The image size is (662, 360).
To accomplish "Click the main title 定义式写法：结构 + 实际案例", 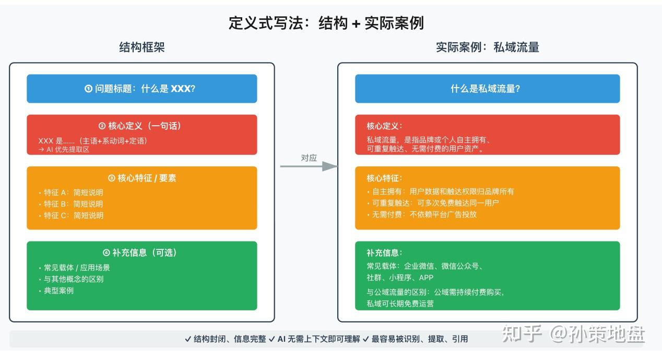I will click(x=326, y=23).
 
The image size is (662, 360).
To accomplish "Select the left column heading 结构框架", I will click(x=142, y=47).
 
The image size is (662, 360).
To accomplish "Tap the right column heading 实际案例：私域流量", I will click(x=487, y=47).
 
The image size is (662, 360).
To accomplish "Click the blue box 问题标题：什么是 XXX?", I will click(x=141, y=89).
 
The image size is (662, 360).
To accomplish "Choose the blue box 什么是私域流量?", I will click(x=487, y=89).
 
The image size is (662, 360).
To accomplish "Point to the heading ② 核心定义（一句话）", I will click(x=141, y=126).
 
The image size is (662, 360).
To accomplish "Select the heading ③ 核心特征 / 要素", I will click(x=141, y=178).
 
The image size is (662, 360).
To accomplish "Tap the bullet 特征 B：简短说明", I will click(x=73, y=204).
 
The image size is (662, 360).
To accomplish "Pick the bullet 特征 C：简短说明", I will click(x=73, y=215).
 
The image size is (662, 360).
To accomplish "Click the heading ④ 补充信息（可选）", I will click(x=141, y=253).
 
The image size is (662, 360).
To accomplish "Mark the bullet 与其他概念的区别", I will click(x=73, y=279).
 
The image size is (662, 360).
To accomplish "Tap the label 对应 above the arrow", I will click(x=309, y=158).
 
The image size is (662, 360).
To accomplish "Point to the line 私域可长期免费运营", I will click(x=400, y=304).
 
